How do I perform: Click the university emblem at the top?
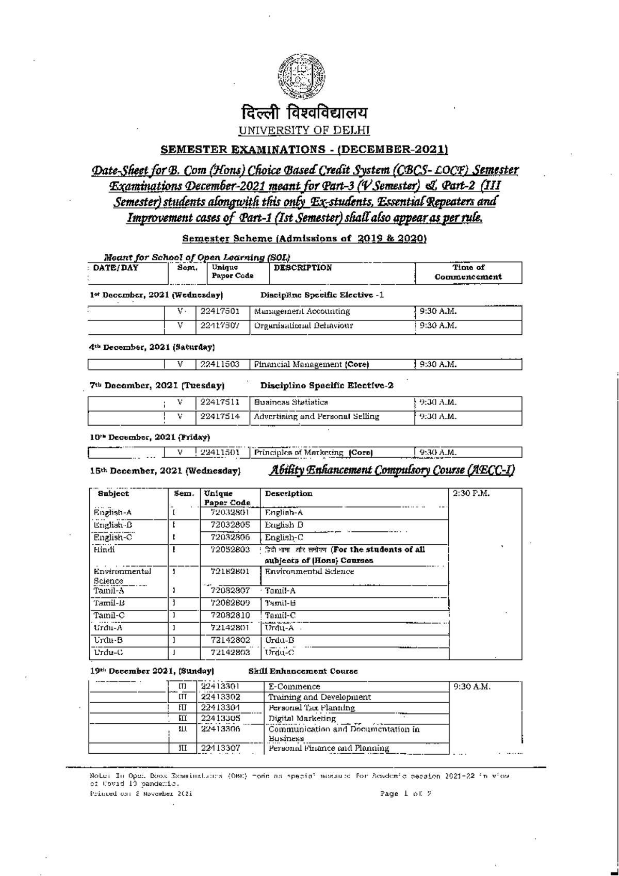coord(303,76)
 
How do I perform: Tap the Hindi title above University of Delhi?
coord(304,112)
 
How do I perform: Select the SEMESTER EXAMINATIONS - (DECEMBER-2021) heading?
coord(304,150)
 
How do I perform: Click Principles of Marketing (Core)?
coord(313,453)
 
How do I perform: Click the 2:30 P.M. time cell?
coord(471,494)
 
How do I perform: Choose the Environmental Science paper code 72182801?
coord(230,572)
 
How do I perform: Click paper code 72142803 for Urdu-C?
coord(230,653)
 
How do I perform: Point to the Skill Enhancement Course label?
coord(303,672)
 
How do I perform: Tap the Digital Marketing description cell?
coord(302,718)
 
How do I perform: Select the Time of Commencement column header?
coord(468,272)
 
